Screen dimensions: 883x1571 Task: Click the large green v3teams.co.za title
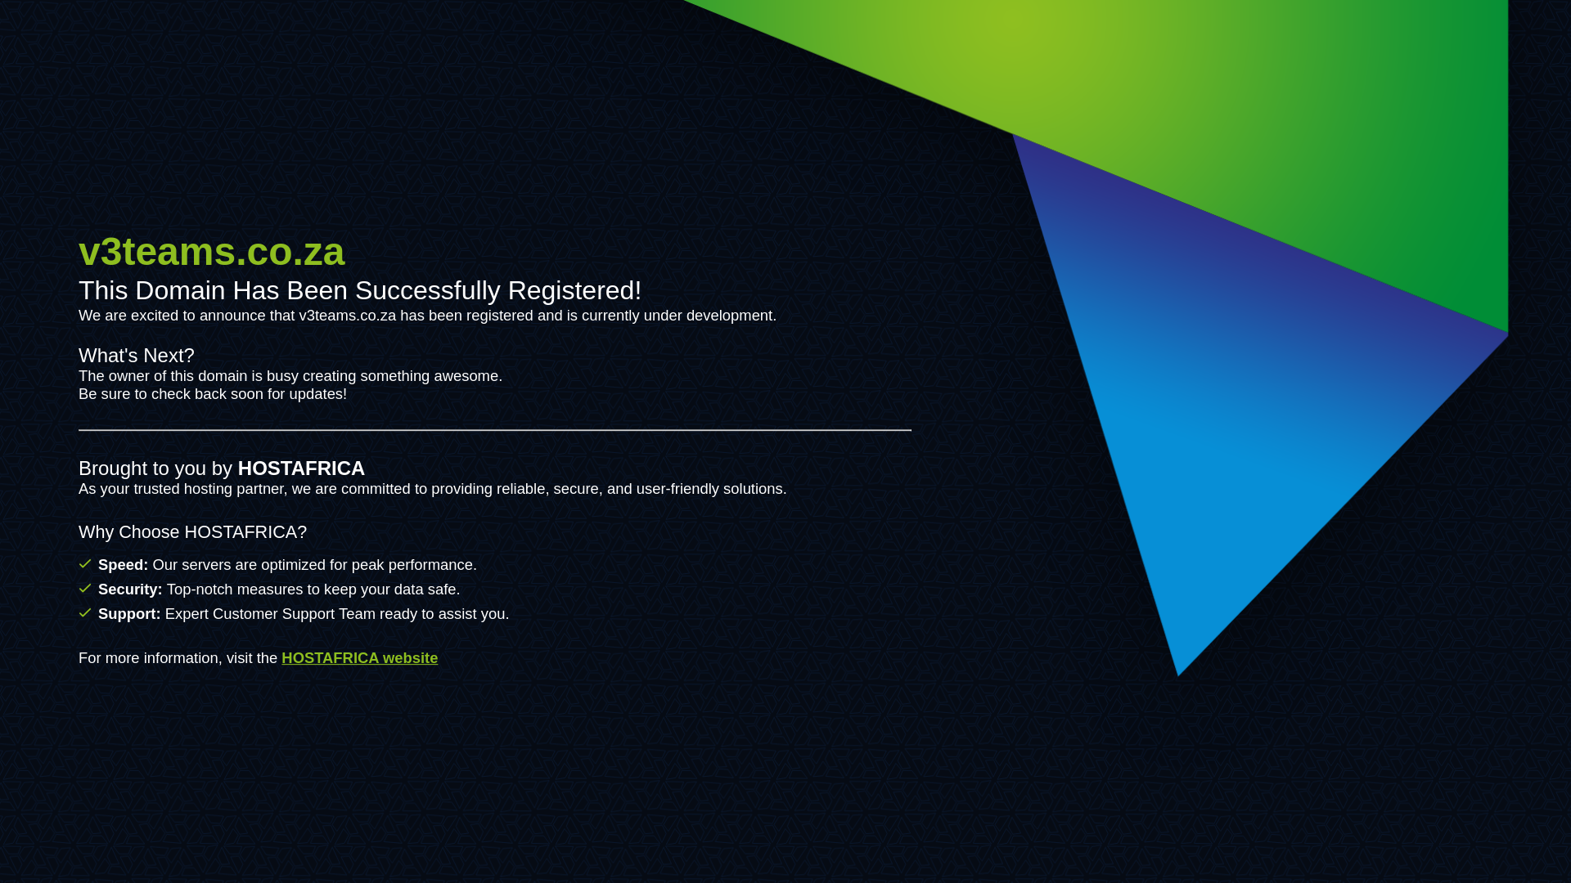click(211, 251)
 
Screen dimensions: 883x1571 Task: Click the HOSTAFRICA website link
click(359, 658)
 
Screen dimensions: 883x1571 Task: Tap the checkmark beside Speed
click(85, 564)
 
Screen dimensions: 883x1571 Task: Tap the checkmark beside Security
click(85, 589)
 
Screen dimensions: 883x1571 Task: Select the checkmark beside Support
click(85, 613)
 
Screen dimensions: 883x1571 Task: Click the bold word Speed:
click(123, 565)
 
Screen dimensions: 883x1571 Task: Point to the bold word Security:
click(130, 589)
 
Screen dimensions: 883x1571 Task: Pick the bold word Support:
click(129, 614)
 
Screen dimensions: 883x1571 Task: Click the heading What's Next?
click(137, 356)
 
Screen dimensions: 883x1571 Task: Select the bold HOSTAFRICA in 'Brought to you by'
click(301, 468)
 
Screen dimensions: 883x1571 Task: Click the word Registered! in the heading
click(574, 291)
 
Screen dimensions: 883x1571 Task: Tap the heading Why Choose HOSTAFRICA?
click(192, 532)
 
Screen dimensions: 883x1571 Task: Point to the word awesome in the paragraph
click(466, 376)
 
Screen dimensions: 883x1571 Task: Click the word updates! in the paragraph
click(317, 394)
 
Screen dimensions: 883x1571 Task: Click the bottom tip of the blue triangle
click(1178, 672)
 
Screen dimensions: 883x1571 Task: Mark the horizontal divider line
click(494, 430)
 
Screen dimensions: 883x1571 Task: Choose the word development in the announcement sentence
click(729, 316)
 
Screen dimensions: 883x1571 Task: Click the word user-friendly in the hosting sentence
click(677, 489)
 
